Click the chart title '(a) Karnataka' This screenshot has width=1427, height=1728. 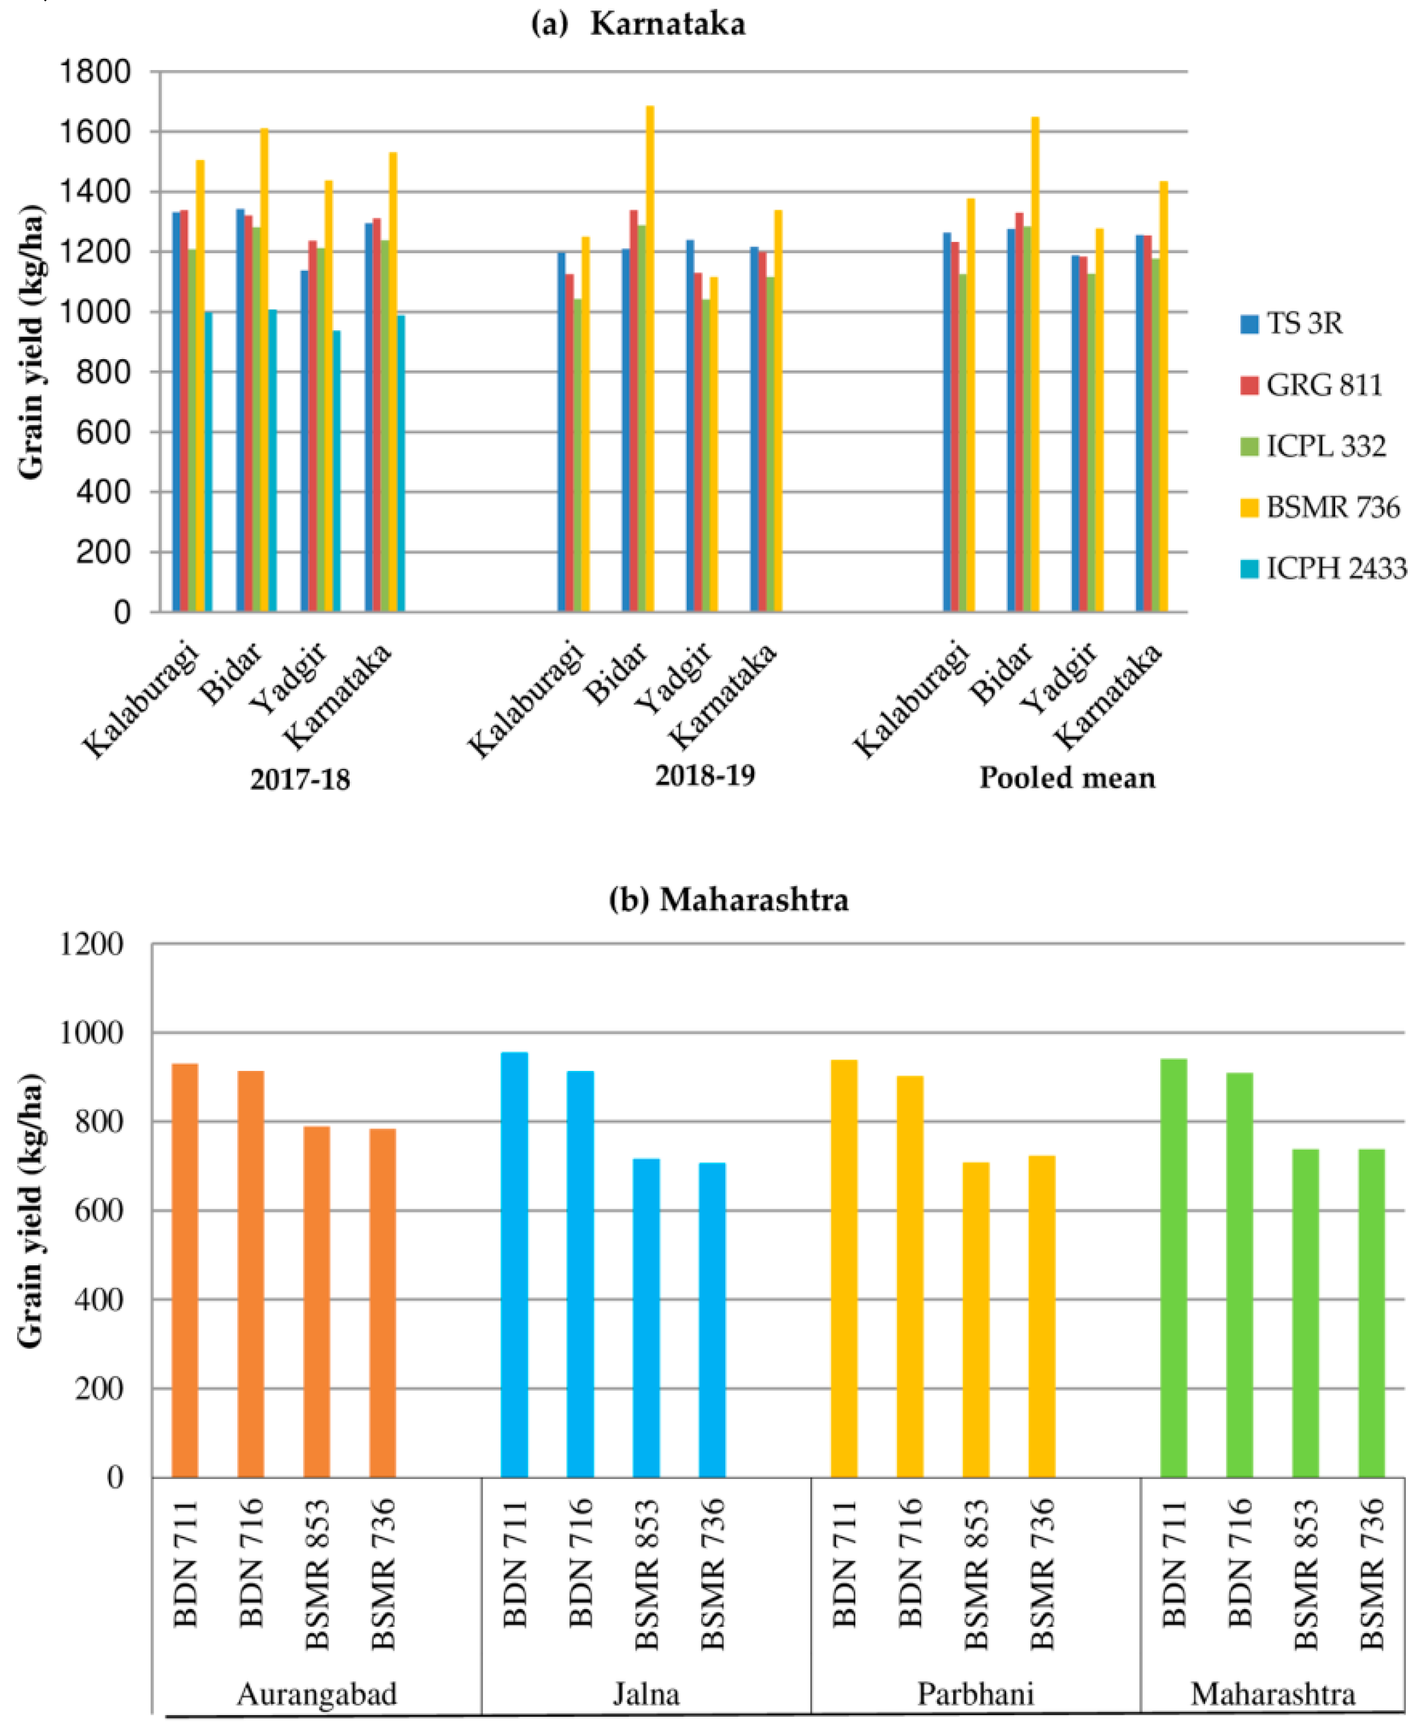[639, 23]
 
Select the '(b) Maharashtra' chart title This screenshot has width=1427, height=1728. [728, 900]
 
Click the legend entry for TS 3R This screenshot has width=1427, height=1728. [1304, 323]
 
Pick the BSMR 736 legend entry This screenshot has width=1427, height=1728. [1332, 508]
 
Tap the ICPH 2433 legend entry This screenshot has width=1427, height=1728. [1336, 568]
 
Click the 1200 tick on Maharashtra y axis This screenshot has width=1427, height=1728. [91, 944]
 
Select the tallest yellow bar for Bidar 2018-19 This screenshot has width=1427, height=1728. [650, 361]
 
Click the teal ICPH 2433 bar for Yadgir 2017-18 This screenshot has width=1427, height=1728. [336, 473]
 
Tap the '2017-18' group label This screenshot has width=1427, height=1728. [300, 778]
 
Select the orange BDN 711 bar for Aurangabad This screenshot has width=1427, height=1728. [185, 1270]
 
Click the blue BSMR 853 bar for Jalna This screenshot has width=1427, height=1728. [646, 1318]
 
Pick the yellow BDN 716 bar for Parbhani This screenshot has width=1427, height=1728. [910, 1276]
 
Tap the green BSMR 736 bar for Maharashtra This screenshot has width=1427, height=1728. [1371, 1313]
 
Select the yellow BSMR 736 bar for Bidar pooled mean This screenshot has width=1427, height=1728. [1035, 366]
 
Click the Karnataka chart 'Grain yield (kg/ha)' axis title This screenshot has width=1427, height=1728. [31, 341]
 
